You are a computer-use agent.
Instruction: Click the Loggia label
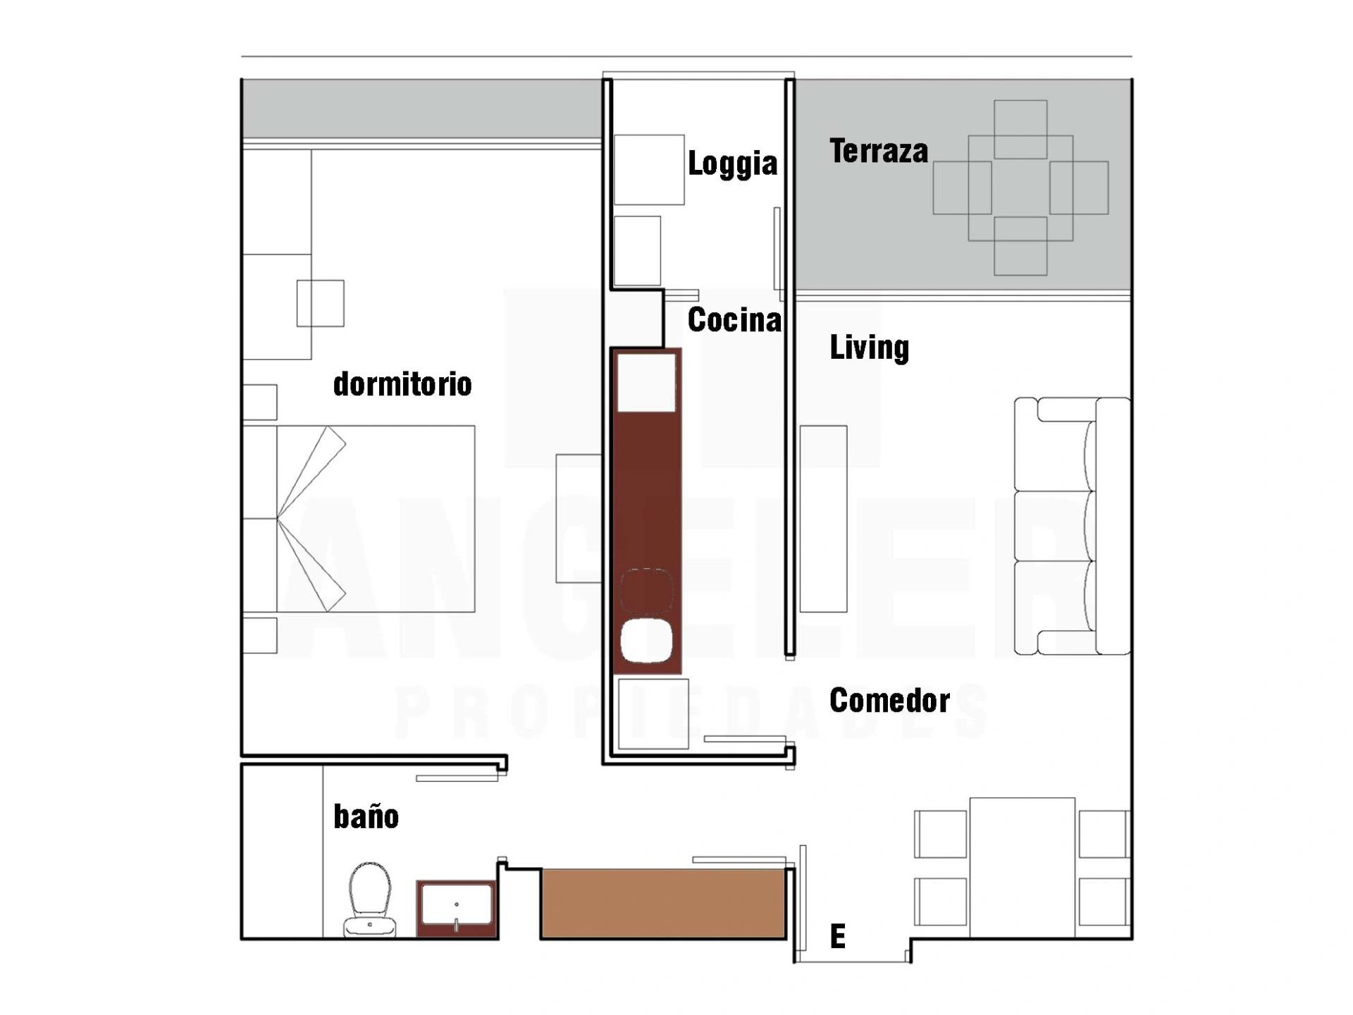click(x=732, y=164)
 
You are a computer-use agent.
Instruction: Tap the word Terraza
click(x=878, y=152)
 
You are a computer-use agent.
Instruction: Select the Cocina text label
click(x=734, y=321)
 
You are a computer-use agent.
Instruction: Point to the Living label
click(x=869, y=347)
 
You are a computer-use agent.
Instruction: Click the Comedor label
click(x=889, y=701)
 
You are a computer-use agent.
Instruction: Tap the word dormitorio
click(x=402, y=385)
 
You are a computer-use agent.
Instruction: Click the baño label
click(x=366, y=817)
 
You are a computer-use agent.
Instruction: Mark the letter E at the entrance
click(x=837, y=937)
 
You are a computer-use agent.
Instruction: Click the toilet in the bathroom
click(x=370, y=899)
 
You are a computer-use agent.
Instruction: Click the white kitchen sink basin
click(x=646, y=640)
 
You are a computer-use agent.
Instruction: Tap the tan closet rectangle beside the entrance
click(x=662, y=904)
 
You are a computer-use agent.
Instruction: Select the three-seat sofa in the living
click(x=1071, y=526)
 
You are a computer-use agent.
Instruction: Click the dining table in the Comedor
click(x=1022, y=867)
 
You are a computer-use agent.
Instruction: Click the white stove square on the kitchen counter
click(x=646, y=382)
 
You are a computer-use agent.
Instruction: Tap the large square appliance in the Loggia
click(x=649, y=170)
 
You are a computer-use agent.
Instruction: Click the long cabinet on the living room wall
click(x=822, y=519)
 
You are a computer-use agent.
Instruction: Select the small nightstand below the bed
click(x=260, y=635)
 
